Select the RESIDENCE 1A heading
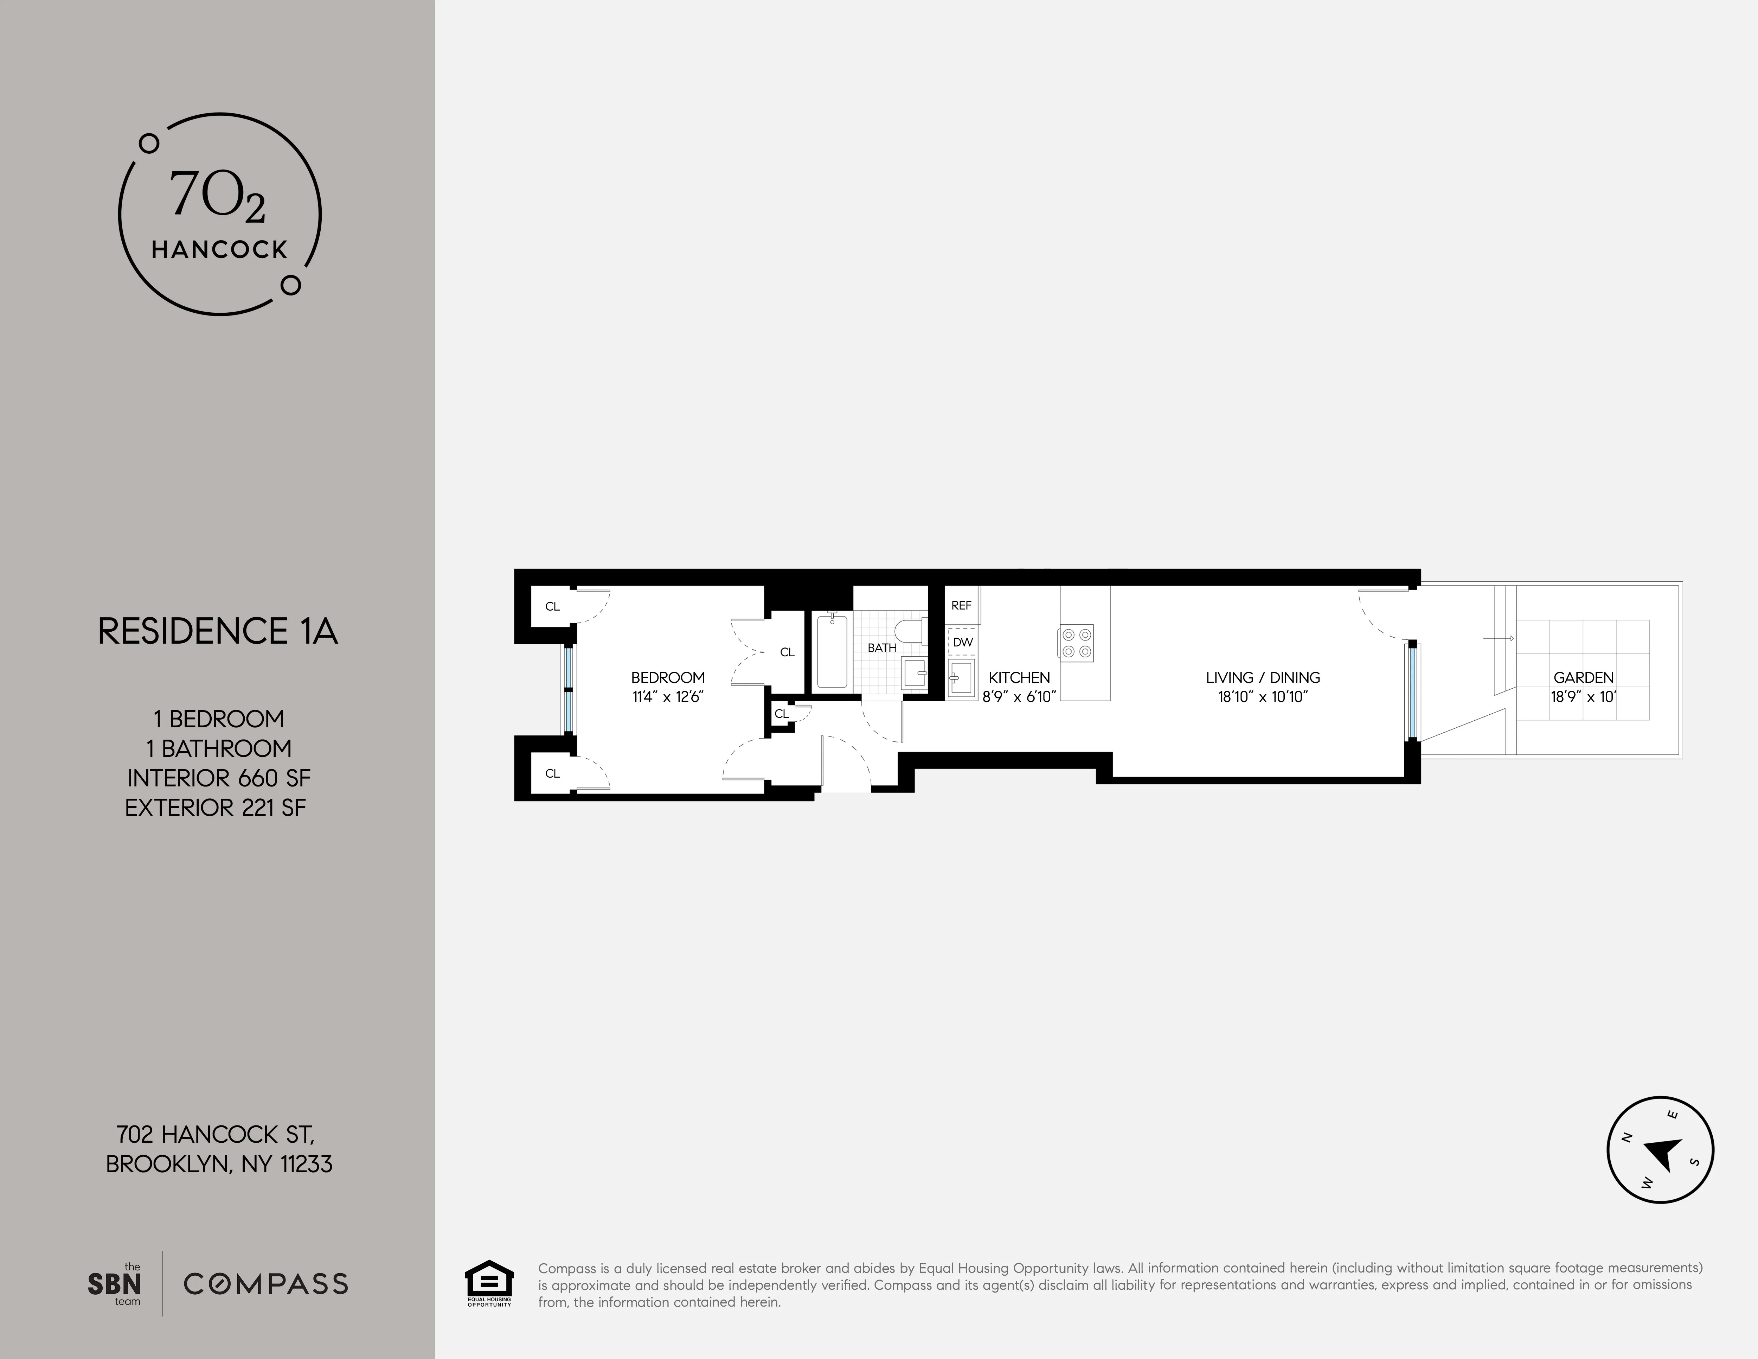tap(217, 632)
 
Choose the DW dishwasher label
tap(963, 643)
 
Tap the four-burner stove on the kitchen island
tap(1076, 643)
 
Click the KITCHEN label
tap(1019, 678)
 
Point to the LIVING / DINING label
tap(1262, 678)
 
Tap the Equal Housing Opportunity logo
tap(489, 1283)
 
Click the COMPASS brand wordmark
tap(265, 1284)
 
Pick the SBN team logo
tap(114, 1284)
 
